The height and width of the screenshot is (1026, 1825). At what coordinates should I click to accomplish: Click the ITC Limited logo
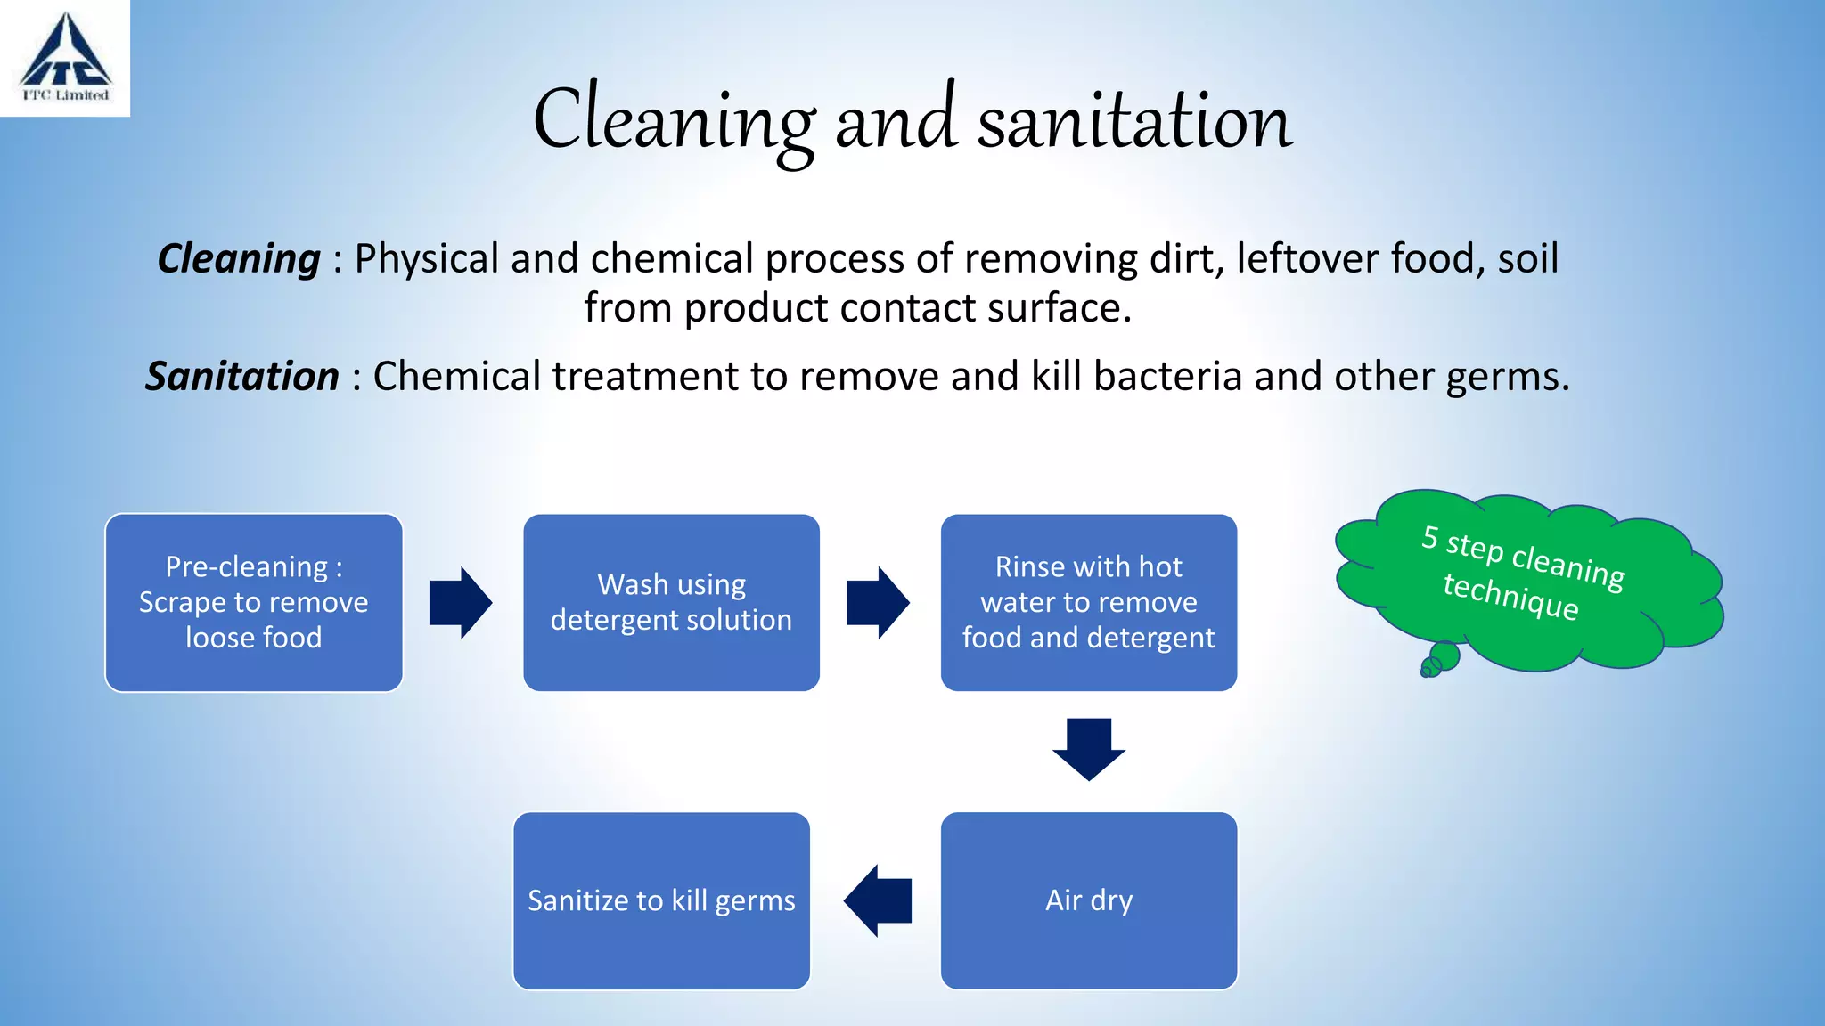click(x=65, y=59)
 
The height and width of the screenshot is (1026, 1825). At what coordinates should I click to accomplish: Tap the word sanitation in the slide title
click(x=1134, y=122)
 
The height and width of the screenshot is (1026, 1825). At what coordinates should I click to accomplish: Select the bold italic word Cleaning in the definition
click(x=239, y=259)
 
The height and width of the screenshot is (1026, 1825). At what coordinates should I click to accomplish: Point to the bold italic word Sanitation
click(x=242, y=377)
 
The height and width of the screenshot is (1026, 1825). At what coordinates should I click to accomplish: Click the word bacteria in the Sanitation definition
click(x=1167, y=377)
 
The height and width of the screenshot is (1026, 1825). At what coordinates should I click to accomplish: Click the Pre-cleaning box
click(x=254, y=603)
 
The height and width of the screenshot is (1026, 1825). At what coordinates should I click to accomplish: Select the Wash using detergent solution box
click(x=671, y=603)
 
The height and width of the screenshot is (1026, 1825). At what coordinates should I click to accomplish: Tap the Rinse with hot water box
click(x=1088, y=603)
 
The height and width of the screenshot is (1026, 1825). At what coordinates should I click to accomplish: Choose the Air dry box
click(x=1088, y=900)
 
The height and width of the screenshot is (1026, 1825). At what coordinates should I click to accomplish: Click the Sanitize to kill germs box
click(x=661, y=900)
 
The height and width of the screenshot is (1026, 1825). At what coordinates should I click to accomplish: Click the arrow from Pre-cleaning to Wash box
click(x=460, y=603)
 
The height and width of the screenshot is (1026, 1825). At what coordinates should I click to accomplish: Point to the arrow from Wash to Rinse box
click(x=877, y=603)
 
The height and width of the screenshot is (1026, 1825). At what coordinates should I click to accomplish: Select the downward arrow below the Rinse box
click(x=1088, y=749)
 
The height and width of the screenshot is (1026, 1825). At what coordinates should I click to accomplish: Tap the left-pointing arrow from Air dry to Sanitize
click(x=878, y=900)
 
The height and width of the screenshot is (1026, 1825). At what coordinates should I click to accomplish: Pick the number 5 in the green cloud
click(x=1429, y=536)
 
